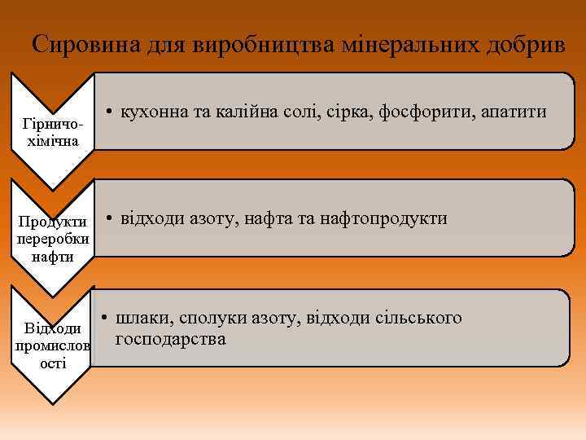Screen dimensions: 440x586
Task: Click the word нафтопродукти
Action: coord(383,218)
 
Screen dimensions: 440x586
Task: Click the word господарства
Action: coord(171,338)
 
